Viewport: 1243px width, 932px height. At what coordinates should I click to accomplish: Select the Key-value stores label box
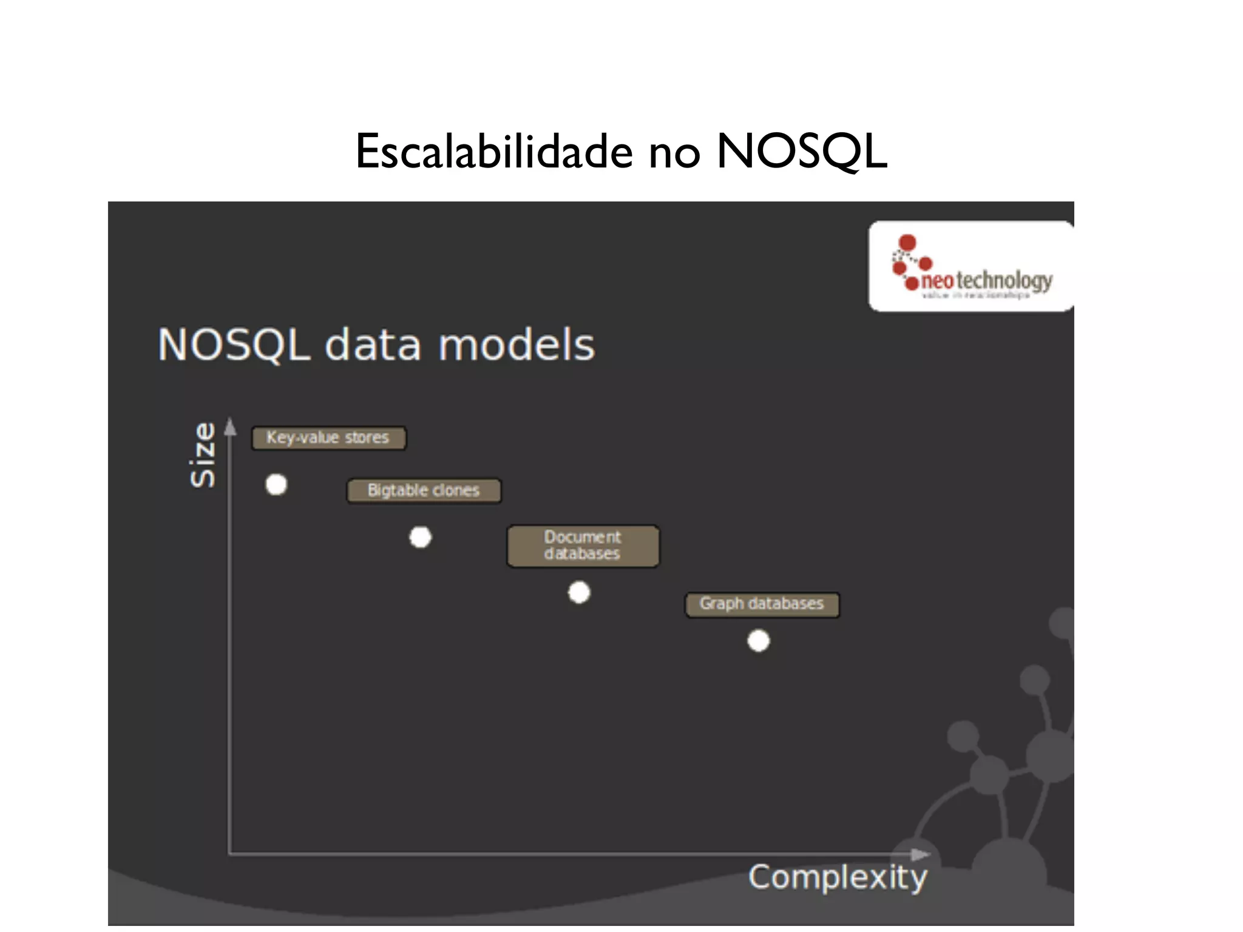(328, 437)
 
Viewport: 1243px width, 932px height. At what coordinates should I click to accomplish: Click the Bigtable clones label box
(424, 490)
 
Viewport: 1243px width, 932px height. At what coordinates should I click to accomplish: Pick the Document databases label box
(583, 545)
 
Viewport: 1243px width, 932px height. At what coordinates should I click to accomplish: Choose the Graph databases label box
(762, 604)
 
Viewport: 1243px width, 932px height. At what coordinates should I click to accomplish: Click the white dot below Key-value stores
(276, 485)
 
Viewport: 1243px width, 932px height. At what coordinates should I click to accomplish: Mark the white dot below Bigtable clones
(421, 537)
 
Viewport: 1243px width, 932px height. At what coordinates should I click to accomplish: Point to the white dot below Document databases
(579, 592)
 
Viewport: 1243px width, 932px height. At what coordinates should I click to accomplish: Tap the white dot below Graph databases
(759, 641)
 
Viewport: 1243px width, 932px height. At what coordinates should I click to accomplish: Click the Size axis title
(203, 455)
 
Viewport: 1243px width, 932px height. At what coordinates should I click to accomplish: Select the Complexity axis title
(838, 877)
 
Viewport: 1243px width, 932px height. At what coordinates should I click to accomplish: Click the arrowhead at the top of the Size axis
(230, 427)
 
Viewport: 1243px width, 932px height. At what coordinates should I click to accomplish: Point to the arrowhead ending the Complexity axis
(921, 854)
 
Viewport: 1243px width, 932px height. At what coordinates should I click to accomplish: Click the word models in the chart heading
(517, 345)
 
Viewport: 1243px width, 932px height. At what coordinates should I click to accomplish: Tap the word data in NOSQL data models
(373, 345)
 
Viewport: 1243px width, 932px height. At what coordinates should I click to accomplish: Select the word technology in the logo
(1004, 281)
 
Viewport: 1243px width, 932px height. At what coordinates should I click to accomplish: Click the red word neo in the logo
(937, 281)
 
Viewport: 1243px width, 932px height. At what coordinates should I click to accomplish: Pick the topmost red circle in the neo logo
(907, 243)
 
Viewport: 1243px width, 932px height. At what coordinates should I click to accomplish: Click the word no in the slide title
(674, 153)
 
